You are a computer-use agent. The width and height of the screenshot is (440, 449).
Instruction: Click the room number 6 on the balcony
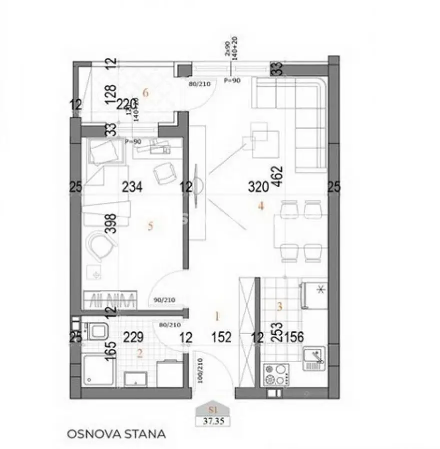point(146,92)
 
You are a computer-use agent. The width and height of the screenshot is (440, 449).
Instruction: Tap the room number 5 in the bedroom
point(150,226)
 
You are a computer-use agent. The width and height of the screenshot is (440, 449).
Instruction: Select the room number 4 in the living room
point(260,206)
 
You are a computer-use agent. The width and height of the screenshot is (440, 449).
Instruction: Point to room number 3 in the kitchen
point(279,307)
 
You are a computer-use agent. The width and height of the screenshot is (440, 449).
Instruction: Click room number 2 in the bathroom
point(140,353)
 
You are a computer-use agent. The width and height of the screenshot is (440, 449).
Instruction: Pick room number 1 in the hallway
point(217,315)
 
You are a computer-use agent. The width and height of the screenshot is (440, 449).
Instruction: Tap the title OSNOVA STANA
point(116,434)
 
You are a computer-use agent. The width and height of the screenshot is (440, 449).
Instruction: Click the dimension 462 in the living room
point(278,177)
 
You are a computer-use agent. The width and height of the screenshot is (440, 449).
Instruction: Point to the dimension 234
point(132,188)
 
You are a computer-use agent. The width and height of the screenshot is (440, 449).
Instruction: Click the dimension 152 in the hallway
point(221,338)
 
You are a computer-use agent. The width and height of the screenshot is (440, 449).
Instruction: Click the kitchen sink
point(314,358)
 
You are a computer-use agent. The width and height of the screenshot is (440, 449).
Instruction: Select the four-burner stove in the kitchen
point(276,375)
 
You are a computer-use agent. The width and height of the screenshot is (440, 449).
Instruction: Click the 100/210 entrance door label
point(200,370)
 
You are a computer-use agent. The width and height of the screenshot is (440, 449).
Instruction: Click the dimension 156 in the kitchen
point(294,338)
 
